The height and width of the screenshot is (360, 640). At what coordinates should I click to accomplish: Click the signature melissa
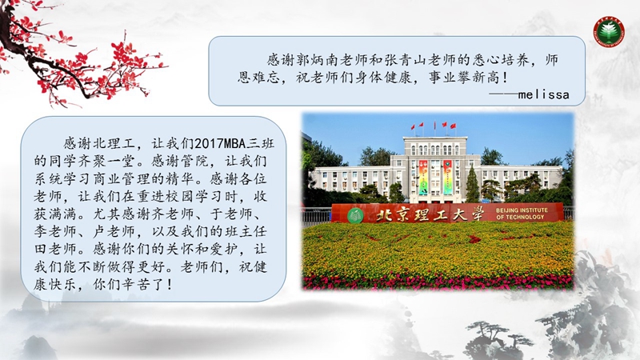coord(543,94)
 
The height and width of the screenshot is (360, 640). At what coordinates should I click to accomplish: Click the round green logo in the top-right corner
coord(609,31)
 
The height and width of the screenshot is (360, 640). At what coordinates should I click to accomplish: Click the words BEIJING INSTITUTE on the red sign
coord(522,210)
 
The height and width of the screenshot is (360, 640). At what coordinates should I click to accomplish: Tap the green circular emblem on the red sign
coord(355,215)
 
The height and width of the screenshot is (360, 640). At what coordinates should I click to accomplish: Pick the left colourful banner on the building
coord(423,177)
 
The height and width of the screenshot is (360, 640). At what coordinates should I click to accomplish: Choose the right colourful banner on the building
coord(448,177)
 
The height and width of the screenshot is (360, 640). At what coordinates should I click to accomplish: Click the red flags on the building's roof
coord(434,126)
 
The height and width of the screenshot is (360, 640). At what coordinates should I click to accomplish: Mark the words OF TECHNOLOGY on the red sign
coord(520,217)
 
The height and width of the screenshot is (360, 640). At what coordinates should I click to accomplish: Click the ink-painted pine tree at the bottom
coord(490,338)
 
